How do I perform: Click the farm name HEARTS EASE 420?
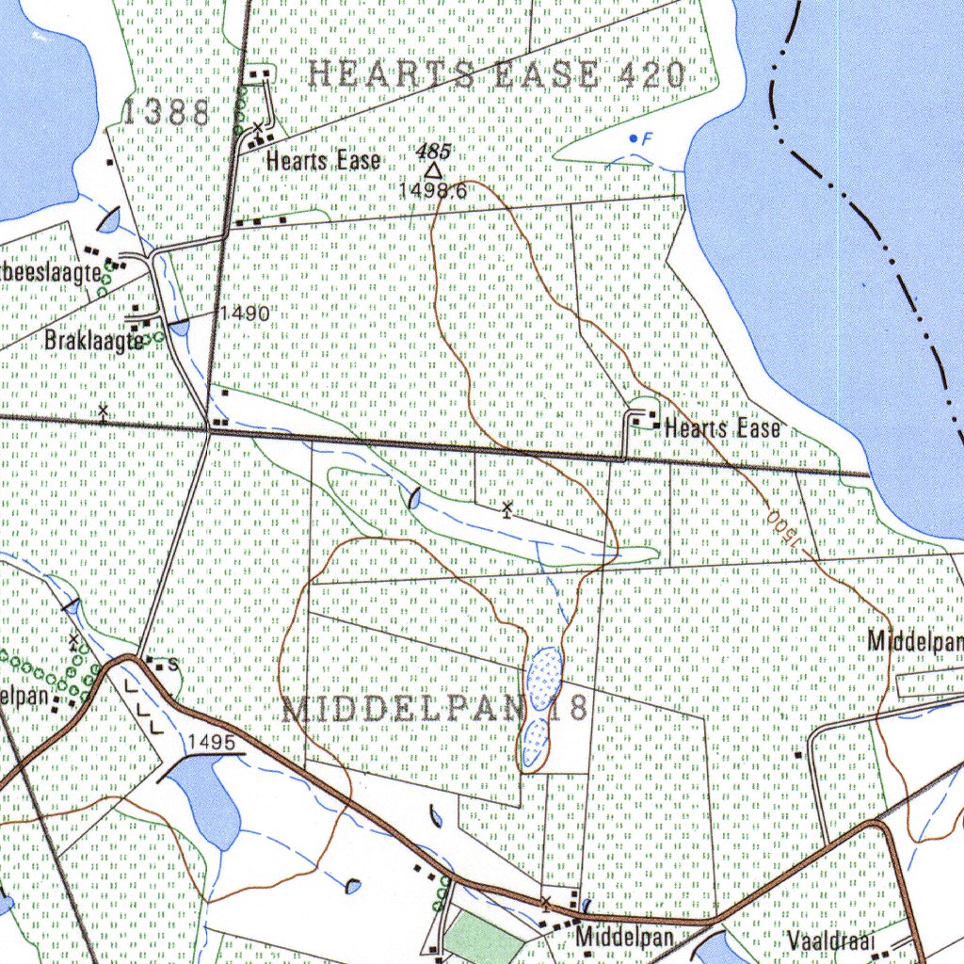coord(496,74)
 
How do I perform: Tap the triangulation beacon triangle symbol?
coord(432,170)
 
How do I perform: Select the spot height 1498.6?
coord(432,190)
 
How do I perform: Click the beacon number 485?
coord(433,151)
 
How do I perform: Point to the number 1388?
coord(167,113)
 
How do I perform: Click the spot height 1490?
coord(246,313)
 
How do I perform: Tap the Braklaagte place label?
coord(94,341)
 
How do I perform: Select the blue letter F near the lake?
coord(646,139)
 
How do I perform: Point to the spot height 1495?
coord(210,743)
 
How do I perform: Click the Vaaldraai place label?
coord(832,940)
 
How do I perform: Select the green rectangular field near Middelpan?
coord(482,938)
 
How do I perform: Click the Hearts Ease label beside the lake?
coord(722,428)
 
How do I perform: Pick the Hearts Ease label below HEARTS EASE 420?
coord(323,161)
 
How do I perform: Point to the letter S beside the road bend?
coord(173,665)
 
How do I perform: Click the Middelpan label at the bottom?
coord(625,938)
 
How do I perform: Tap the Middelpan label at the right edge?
coord(915,641)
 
